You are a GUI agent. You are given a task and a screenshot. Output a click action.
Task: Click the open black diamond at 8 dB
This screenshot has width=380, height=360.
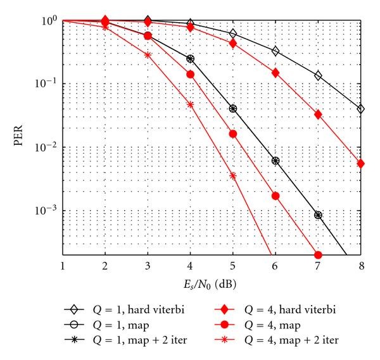[360, 109]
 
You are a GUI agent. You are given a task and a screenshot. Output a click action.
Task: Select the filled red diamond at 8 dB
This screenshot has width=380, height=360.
[360, 163]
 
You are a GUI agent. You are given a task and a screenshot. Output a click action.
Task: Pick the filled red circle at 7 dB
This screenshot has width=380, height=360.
[318, 255]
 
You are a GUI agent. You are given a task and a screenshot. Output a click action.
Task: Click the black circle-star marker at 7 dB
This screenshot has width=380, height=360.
[318, 215]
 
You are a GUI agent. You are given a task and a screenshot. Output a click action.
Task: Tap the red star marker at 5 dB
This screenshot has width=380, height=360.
[233, 176]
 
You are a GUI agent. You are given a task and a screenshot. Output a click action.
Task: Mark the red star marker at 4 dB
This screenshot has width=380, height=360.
[191, 104]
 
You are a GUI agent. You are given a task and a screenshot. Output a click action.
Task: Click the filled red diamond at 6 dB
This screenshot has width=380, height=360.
[275, 73]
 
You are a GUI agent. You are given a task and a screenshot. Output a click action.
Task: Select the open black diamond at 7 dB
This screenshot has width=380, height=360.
[318, 76]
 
